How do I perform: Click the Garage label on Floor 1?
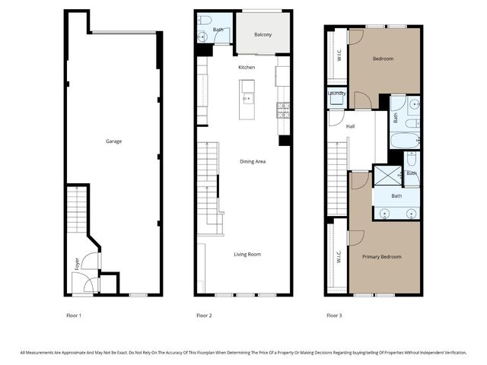113,141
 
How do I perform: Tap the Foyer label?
77,264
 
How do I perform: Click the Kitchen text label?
247,68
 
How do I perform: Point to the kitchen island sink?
247,97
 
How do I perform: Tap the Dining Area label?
253,161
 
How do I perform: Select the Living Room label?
247,254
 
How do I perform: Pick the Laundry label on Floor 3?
337,94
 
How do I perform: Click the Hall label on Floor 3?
350,127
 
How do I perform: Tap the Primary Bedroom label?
381,257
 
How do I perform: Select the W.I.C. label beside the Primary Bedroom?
338,257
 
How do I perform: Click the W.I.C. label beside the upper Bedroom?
338,55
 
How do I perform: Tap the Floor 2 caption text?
204,315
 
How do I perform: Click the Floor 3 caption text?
334,315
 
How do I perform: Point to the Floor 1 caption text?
74,315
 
